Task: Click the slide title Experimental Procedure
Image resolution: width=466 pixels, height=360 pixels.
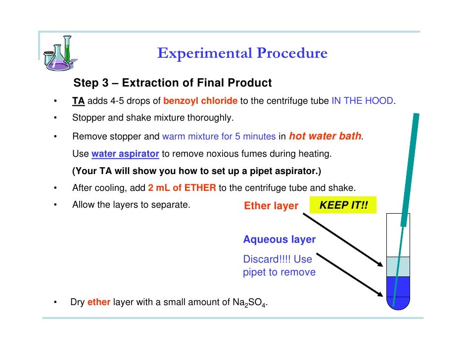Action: point(242,53)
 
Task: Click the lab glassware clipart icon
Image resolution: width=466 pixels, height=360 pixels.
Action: point(59,53)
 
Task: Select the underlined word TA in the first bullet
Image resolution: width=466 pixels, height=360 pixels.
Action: point(79,101)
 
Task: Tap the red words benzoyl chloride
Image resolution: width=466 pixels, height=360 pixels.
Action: point(200,101)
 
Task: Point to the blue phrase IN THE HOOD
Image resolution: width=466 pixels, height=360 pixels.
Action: point(362,101)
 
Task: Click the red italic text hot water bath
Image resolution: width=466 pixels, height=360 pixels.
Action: point(325,136)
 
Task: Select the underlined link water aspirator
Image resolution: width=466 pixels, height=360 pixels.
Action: point(125,154)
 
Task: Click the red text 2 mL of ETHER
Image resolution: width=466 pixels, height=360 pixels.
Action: point(182,188)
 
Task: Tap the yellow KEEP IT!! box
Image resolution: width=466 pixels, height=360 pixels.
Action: point(343,205)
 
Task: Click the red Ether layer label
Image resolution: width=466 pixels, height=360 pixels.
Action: point(271,206)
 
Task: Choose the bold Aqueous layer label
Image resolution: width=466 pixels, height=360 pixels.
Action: point(280,239)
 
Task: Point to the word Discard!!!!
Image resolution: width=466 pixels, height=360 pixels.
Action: point(267,259)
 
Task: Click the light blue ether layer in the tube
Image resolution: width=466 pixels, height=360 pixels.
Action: point(398,267)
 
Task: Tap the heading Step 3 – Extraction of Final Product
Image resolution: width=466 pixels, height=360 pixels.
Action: point(172,83)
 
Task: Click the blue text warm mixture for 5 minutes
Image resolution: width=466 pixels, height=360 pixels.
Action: point(219,136)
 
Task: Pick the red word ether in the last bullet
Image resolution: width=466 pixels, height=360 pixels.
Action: point(99,302)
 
